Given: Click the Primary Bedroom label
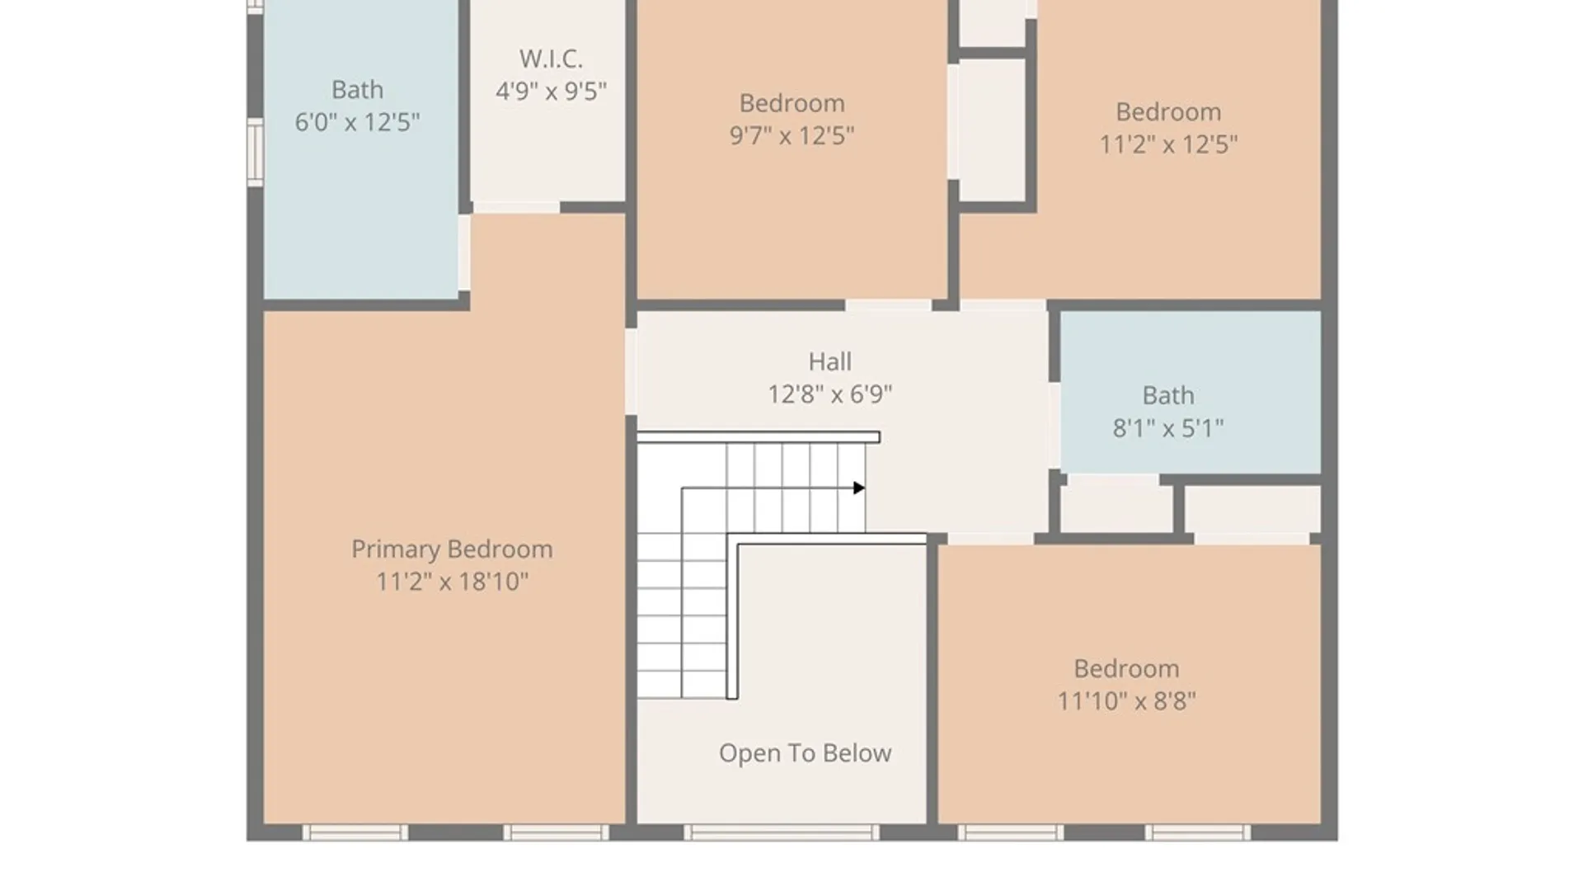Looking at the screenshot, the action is [x=452, y=549].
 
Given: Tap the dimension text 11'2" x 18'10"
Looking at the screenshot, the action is [x=452, y=582].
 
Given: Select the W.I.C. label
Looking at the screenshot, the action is [x=551, y=59].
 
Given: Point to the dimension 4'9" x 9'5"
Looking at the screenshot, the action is [x=551, y=91].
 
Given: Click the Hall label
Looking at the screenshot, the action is [x=829, y=361].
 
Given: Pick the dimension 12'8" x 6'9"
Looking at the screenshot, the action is [x=829, y=394].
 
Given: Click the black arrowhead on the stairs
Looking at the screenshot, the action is [x=859, y=488].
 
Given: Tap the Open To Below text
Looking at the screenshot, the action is [x=805, y=753].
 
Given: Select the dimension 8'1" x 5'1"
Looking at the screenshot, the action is [x=1167, y=428].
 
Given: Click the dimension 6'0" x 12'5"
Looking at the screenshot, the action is [x=357, y=122].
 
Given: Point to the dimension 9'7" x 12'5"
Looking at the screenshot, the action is [x=791, y=135].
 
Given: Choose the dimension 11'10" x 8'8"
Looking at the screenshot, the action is [x=1126, y=701].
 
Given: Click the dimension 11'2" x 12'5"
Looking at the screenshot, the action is [x=1167, y=144].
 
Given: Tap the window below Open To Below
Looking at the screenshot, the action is [x=782, y=832].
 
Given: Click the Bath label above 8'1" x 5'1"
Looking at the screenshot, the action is [x=1167, y=395].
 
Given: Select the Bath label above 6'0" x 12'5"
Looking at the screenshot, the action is [x=357, y=89].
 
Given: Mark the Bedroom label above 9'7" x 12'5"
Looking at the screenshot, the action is [x=791, y=103].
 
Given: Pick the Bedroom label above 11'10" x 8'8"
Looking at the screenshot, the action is [x=1126, y=668].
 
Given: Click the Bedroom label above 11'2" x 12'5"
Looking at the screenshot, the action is [x=1167, y=111].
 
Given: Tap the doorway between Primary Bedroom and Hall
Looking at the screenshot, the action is [x=631, y=371].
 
